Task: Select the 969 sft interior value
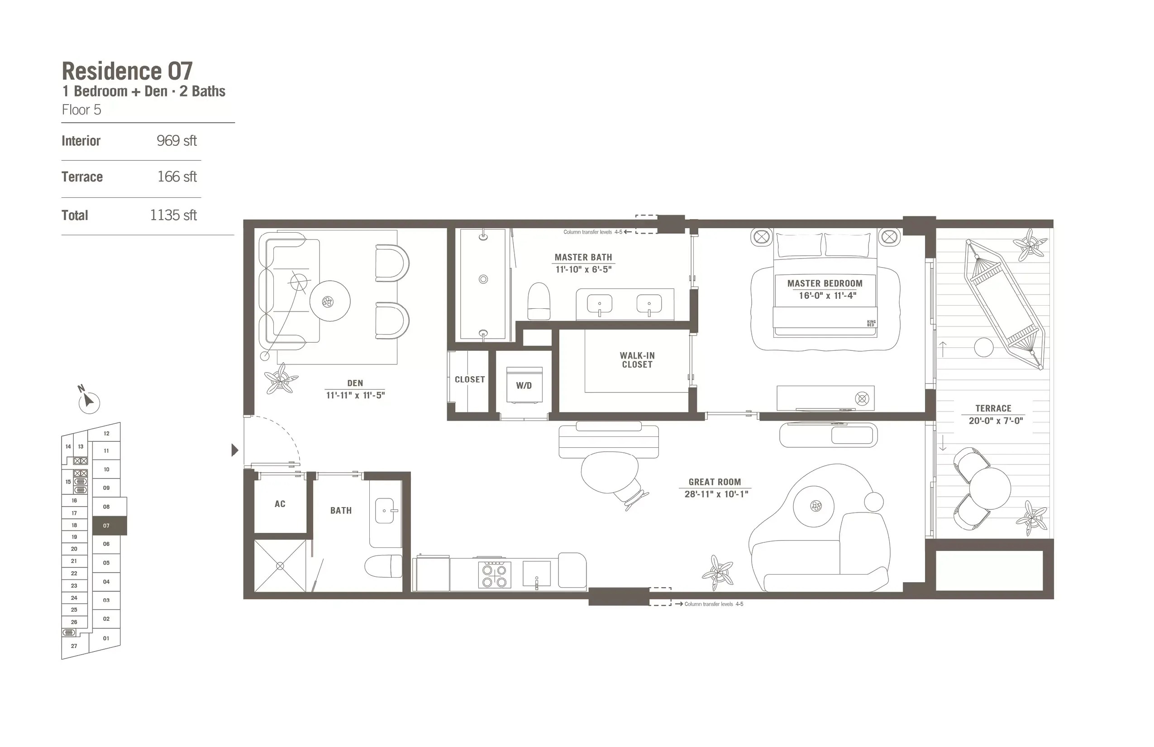176,141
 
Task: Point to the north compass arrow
88,401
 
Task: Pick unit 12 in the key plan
106,433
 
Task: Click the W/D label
524,386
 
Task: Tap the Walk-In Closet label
637,360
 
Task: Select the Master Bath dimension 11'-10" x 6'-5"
583,270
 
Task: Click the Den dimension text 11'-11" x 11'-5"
355,395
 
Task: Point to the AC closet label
280,504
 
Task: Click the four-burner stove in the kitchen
494,575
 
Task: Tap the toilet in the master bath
539,302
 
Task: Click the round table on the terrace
990,488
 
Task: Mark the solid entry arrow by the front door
235,450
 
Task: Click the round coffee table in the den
330,301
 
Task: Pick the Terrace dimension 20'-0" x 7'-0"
996,421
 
